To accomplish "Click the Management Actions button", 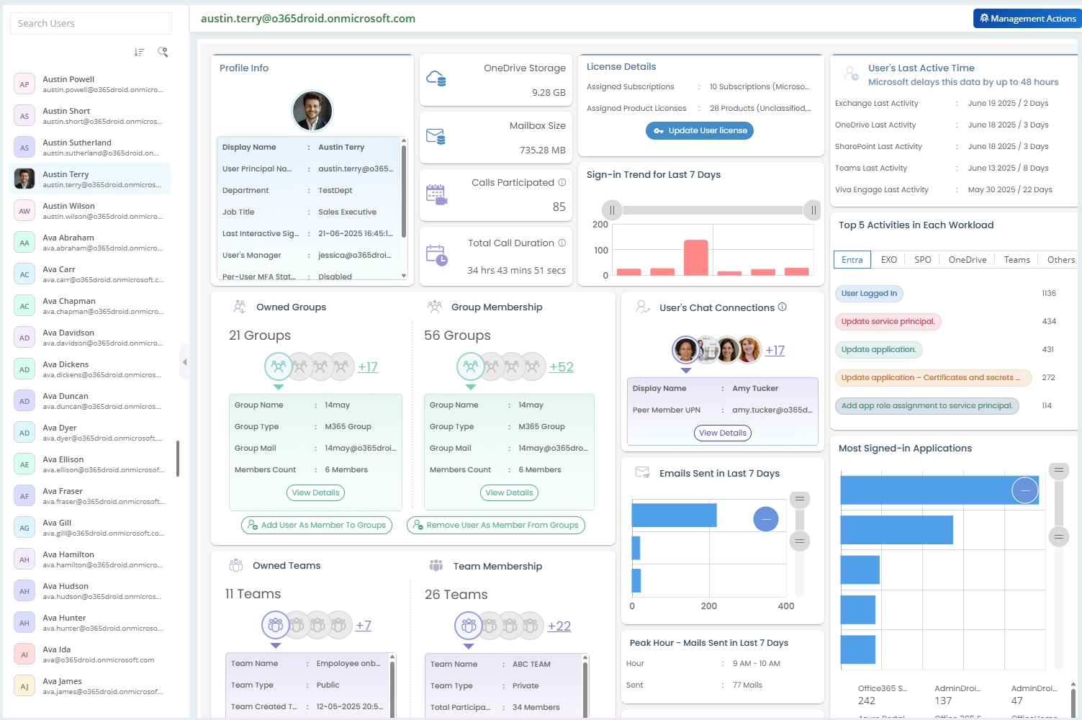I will coord(1027,19).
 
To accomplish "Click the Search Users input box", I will coord(91,23).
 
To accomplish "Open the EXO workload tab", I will coord(889,260).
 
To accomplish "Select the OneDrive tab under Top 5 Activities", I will coord(967,260).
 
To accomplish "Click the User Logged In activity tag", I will coord(869,294).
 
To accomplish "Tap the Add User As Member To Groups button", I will coord(317,525).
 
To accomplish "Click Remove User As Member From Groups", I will coord(496,525).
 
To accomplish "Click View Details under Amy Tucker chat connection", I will coord(723,433).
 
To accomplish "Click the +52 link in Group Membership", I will coord(561,367).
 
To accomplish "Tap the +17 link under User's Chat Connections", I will coord(775,351).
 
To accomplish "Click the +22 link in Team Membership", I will coord(559,626).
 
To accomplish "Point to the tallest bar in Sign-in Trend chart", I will coord(696,257).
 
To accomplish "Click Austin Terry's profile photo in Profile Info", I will coord(312,111).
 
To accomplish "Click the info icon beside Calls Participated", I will coord(562,183).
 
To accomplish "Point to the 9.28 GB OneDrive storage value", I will coord(549,93).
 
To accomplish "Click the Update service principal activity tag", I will coord(888,322).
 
